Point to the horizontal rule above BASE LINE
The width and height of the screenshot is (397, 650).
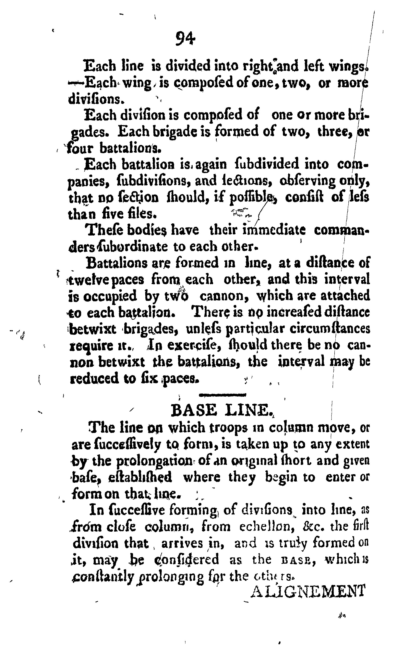[222, 395]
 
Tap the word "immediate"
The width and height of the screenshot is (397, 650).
[274, 230]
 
